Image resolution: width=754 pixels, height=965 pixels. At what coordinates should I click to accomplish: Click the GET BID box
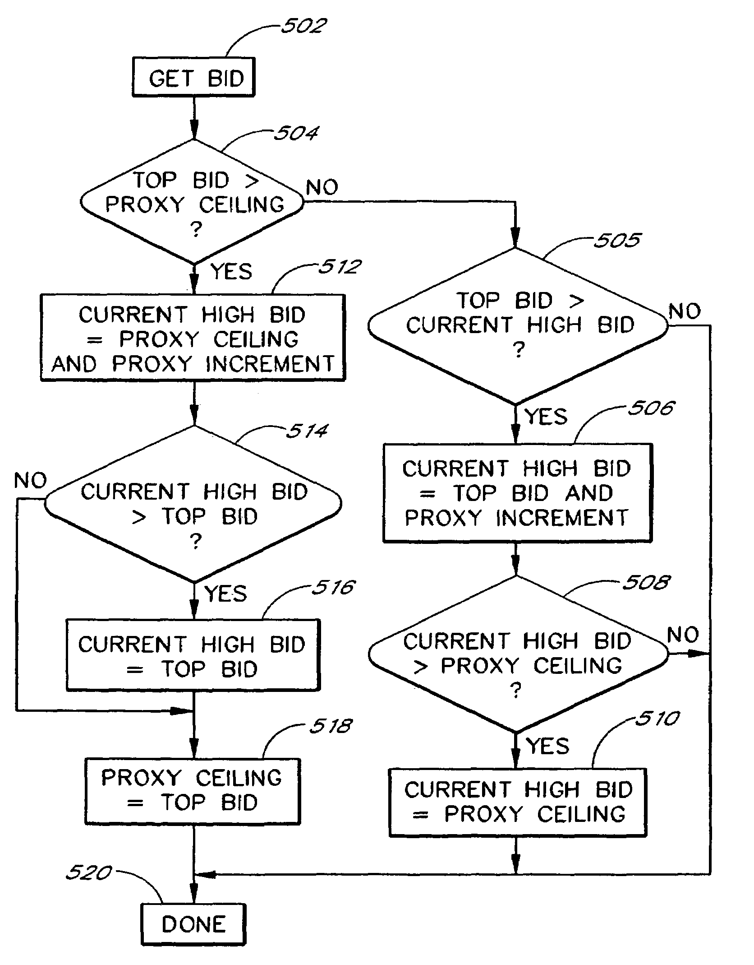click(193, 77)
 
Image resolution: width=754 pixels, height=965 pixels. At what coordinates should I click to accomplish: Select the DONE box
click(193, 924)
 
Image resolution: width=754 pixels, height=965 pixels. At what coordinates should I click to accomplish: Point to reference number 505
click(616, 240)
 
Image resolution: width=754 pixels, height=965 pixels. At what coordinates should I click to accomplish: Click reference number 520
click(88, 872)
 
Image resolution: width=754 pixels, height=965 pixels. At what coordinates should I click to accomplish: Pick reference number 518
click(330, 726)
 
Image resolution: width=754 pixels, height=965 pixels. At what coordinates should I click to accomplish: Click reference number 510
click(657, 718)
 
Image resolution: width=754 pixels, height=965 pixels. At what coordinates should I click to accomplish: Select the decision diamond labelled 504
click(193, 202)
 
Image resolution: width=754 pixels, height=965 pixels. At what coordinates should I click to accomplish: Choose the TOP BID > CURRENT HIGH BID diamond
click(517, 325)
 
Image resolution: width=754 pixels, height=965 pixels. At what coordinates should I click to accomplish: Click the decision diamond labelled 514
click(193, 504)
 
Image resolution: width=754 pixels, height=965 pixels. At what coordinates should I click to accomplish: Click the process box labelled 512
click(193, 338)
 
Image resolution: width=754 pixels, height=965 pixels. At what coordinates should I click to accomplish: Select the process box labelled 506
click(517, 492)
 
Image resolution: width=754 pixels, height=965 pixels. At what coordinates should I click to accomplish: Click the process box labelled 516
click(193, 655)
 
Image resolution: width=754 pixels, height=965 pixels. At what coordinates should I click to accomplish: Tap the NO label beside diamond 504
click(322, 187)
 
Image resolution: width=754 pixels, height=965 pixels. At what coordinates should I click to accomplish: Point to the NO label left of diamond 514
click(30, 480)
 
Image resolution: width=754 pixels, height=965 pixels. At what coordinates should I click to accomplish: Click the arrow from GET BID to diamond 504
click(194, 118)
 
